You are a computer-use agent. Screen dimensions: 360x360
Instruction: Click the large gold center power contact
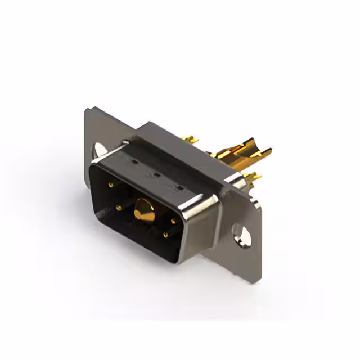coord(145,211)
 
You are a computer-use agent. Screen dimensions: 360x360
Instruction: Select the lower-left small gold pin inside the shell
coord(119,208)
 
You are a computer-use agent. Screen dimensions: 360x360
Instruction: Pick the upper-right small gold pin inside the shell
coord(173,220)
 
